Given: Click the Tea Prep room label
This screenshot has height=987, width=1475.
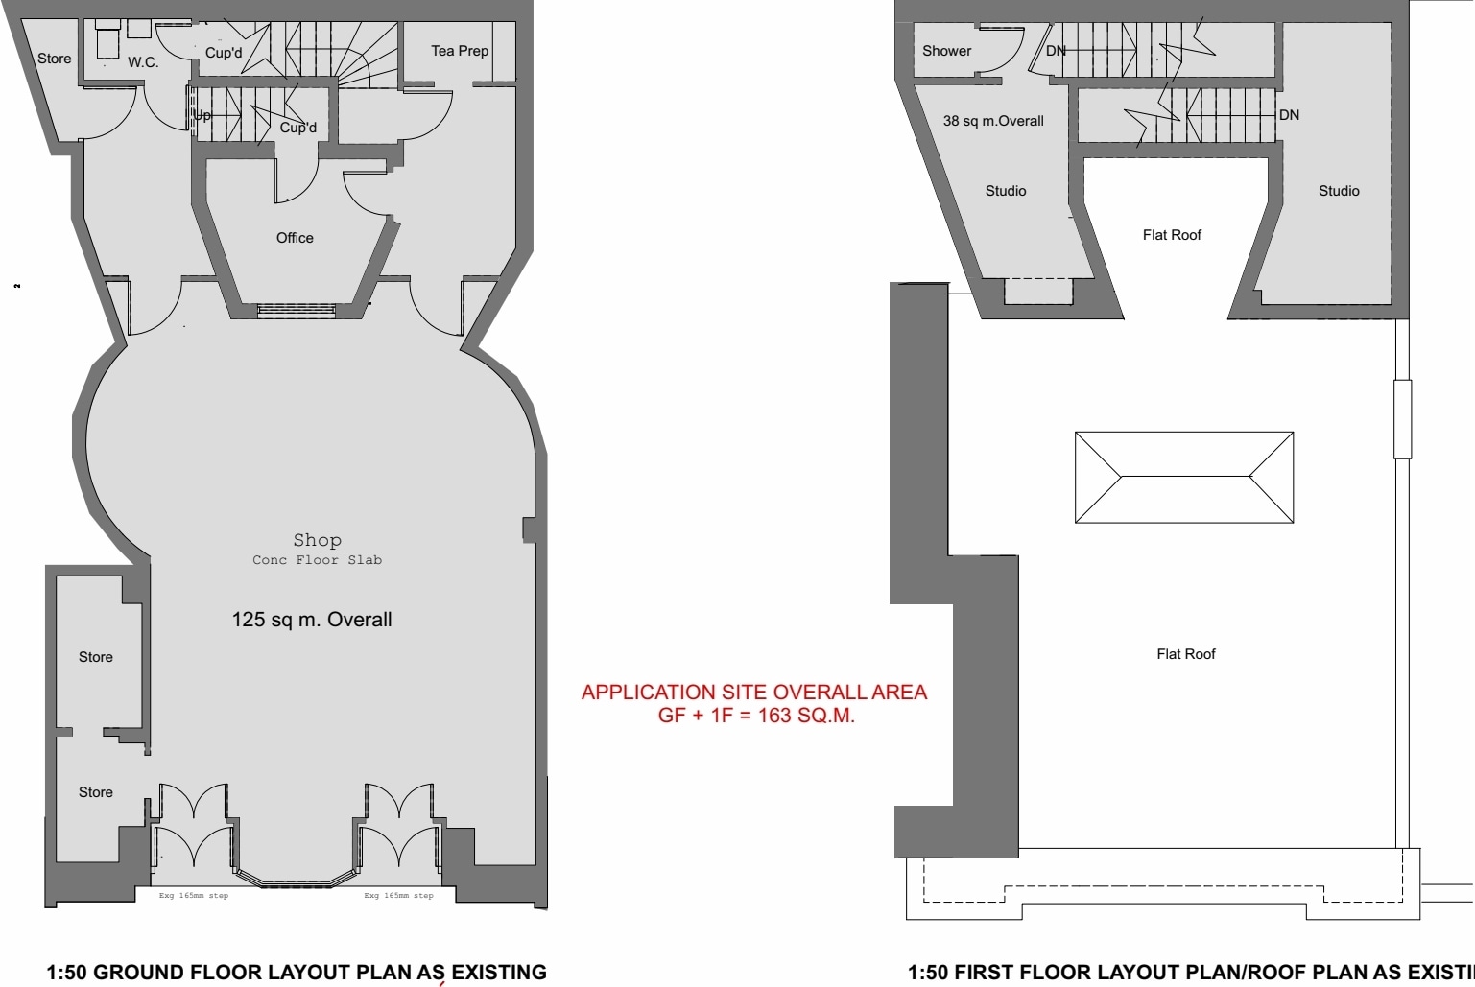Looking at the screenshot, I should click(460, 51).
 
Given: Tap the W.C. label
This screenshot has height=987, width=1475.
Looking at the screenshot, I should click(143, 62).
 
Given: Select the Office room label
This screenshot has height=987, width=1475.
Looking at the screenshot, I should click(295, 238).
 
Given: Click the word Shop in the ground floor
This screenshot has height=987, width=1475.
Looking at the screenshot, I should click(317, 540).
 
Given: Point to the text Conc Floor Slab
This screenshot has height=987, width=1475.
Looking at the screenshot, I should click(317, 560).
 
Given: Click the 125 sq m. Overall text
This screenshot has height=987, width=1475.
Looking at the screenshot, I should click(312, 620).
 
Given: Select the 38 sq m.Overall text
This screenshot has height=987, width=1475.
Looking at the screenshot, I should click(993, 121).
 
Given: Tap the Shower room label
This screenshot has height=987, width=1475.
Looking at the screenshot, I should click(946, 51).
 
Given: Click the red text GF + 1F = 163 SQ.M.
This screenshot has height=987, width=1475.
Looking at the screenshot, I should click(756, 716).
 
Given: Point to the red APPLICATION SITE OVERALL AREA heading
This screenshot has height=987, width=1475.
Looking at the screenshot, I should click(754, 693).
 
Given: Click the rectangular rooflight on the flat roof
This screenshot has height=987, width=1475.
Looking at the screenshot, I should click(1184, 477).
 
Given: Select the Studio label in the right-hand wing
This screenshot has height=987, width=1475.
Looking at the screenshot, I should click(1339, 191).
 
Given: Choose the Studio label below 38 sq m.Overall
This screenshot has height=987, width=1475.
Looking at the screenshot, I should click(1006, 191).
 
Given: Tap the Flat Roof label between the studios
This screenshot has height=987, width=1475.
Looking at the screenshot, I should click(1172, 235).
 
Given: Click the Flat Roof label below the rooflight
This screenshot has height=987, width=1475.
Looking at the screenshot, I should click(1185, 654).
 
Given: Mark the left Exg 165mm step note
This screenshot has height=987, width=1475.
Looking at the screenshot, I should click(194, 896).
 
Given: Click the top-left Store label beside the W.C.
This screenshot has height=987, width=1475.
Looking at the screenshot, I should click(55, 59).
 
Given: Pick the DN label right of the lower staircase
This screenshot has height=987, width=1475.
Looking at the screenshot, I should click(1289, 115).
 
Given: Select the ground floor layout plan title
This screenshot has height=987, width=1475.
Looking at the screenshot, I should click(297, 972).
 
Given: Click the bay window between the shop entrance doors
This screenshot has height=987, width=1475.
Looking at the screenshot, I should click(296, 878).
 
